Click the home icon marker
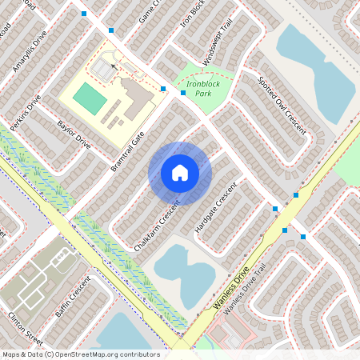click(x=180, y=173)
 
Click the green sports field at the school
click(x=89, y=98)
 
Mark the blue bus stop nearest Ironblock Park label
click(x=183, y=93)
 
